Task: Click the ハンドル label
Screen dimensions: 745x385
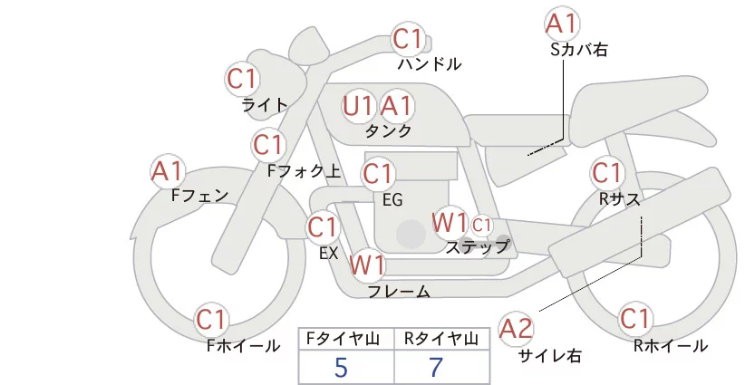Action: click(430, 64)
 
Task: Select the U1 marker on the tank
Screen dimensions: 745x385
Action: click(358, 106)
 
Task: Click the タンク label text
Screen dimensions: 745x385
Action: click(388, 130)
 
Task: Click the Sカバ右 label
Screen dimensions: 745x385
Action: click(578, 50)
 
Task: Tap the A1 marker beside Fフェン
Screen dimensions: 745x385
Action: click(168, 170)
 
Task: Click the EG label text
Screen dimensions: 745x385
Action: click(392, 198)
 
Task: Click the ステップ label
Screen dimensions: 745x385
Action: click(477, 245)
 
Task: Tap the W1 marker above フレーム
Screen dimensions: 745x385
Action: click(367, 265)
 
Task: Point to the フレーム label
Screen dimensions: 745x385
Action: click(398, 291)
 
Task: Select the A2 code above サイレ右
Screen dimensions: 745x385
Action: click(517, 329)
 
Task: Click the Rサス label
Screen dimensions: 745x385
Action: click(619, 197)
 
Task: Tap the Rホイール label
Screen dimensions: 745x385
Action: click(670, 345)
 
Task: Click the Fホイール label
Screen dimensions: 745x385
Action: click(243, 345)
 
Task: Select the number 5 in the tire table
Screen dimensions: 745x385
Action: click(341, 367)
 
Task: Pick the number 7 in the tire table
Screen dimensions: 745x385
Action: click(436, 367)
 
